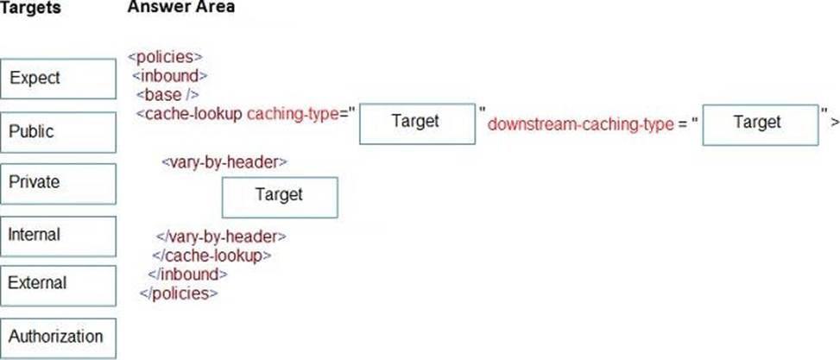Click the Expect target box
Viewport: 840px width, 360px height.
coord(58,79)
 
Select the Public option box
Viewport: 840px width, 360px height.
coord(58,132)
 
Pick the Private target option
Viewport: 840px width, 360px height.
coord(58,184)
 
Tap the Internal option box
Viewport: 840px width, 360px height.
coord(58,237)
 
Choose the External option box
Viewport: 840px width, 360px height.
coord(58,286)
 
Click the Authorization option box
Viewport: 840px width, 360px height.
coord(58,338)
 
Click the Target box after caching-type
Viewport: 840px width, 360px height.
coord(417,123)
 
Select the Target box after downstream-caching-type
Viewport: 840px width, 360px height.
coord(761,125)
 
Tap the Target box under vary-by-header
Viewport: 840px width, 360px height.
coord(281,198)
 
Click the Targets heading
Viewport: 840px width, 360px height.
coord(30,8)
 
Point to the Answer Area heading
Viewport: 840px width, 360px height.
coord(181,7)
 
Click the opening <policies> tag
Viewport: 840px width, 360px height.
coord(165,57)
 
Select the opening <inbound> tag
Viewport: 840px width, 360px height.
coord(170,75)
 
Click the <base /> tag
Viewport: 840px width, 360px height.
coord(167,95)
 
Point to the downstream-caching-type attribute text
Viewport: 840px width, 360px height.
coord(580,125)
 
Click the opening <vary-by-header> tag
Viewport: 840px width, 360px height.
coord(224,161)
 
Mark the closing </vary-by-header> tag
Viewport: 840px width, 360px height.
coord(221,236)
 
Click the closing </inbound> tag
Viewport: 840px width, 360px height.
coord(187,275)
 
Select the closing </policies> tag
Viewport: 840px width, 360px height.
coord(179,294)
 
